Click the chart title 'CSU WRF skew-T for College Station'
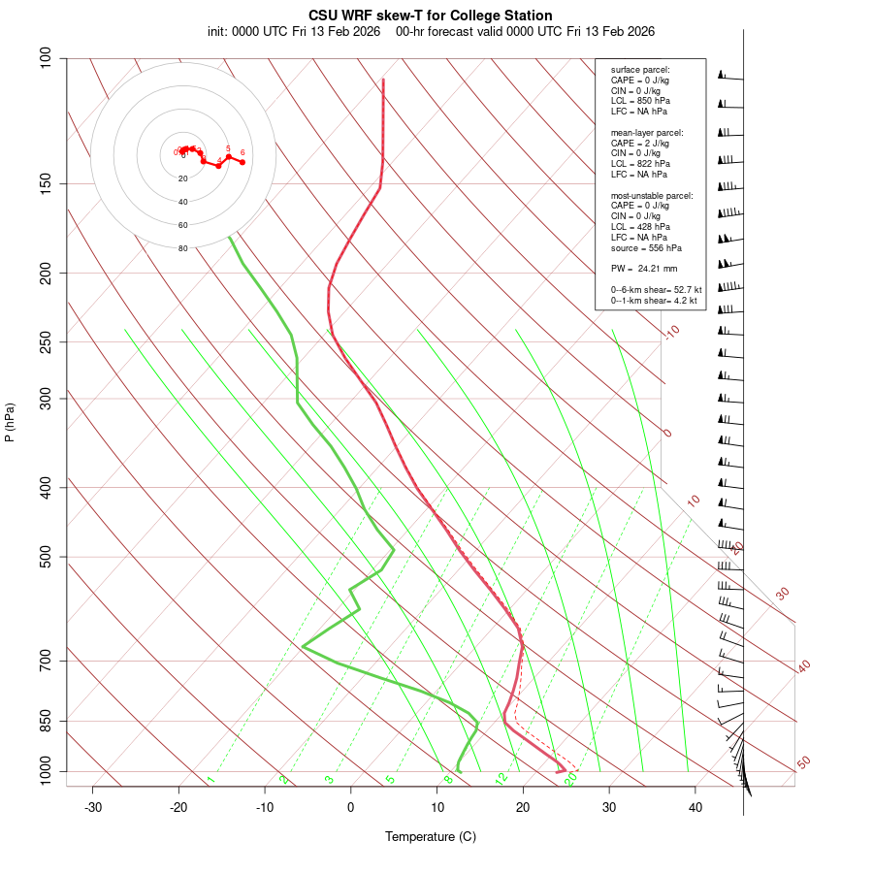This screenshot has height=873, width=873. click(431, 16)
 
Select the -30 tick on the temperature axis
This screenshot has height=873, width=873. click(93, 808)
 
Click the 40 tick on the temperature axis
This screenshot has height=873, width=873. click(695, 808)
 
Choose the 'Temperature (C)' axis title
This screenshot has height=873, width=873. click(431, 836)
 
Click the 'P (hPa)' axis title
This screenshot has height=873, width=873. click(10, 422)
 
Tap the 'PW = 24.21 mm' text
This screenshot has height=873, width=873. click(644, 268)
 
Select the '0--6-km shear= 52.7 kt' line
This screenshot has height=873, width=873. click(656, 289)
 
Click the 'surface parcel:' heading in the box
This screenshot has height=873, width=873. click(640, 70)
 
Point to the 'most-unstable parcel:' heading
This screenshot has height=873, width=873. click(652, 195)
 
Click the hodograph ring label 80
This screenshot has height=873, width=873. click(183, 248)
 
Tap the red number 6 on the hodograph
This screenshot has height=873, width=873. click(242, 152)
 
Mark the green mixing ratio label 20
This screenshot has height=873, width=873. click(570, 778)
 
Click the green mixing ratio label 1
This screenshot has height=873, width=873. click(210, 780)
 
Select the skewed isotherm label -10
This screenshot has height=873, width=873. click(671, 333)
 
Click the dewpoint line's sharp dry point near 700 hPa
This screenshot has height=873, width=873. click(304, 646)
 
